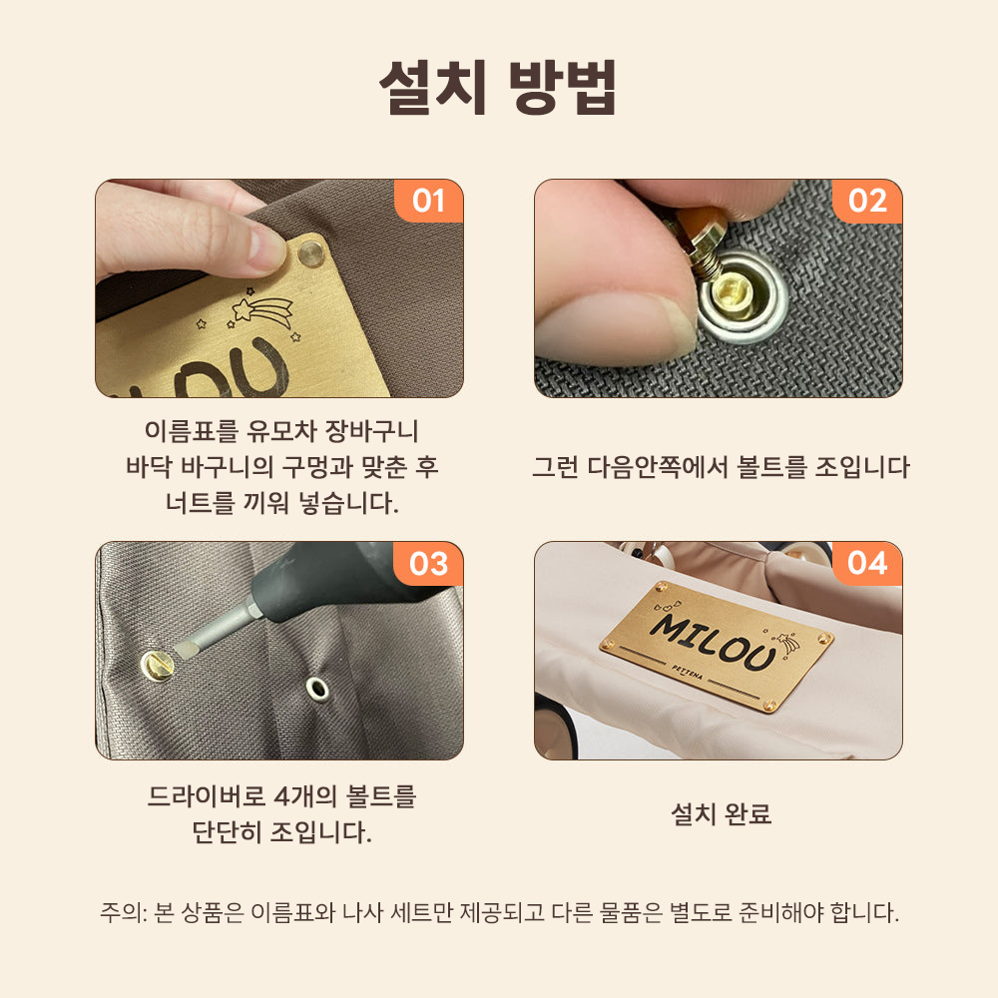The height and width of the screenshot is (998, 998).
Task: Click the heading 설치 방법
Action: point(498,87)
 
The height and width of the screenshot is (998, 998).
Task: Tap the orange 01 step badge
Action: point(429,202)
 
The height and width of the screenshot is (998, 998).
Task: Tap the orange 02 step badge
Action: point(867,202)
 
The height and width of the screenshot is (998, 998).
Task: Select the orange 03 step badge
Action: point(428,564)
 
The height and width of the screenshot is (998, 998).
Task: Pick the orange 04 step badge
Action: point(867,564)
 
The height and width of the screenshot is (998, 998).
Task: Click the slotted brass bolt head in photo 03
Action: point(158,666)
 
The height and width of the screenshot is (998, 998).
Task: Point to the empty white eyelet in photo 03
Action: point(317,689)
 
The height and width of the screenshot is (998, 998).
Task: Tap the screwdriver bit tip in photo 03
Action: point(185,651)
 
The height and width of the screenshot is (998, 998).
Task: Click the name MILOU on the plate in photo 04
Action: point(714,642)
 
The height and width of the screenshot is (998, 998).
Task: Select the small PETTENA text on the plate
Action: point(688,672)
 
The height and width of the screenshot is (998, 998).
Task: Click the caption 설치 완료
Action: point(722,814)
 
